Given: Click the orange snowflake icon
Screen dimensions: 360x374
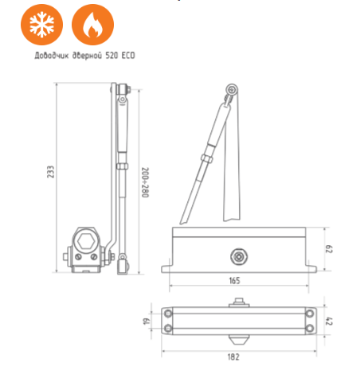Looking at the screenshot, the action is tap(41, 25).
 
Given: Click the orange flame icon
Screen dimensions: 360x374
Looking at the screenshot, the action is tap(92, 25).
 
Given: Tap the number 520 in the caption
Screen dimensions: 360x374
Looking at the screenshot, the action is tap(112, 56).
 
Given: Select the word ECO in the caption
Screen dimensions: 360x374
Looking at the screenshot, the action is tap(128, 56).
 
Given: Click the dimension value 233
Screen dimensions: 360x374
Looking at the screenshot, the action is tap(50, 172).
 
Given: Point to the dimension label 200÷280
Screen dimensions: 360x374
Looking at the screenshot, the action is tap(145, 182).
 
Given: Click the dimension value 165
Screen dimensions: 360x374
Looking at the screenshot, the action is tap(234, 280).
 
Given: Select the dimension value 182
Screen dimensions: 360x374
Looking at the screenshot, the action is tap(233, 356).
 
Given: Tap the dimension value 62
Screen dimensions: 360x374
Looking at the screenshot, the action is tap(329, 249).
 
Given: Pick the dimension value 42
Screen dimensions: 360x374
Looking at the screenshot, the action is tap(329, 321).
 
